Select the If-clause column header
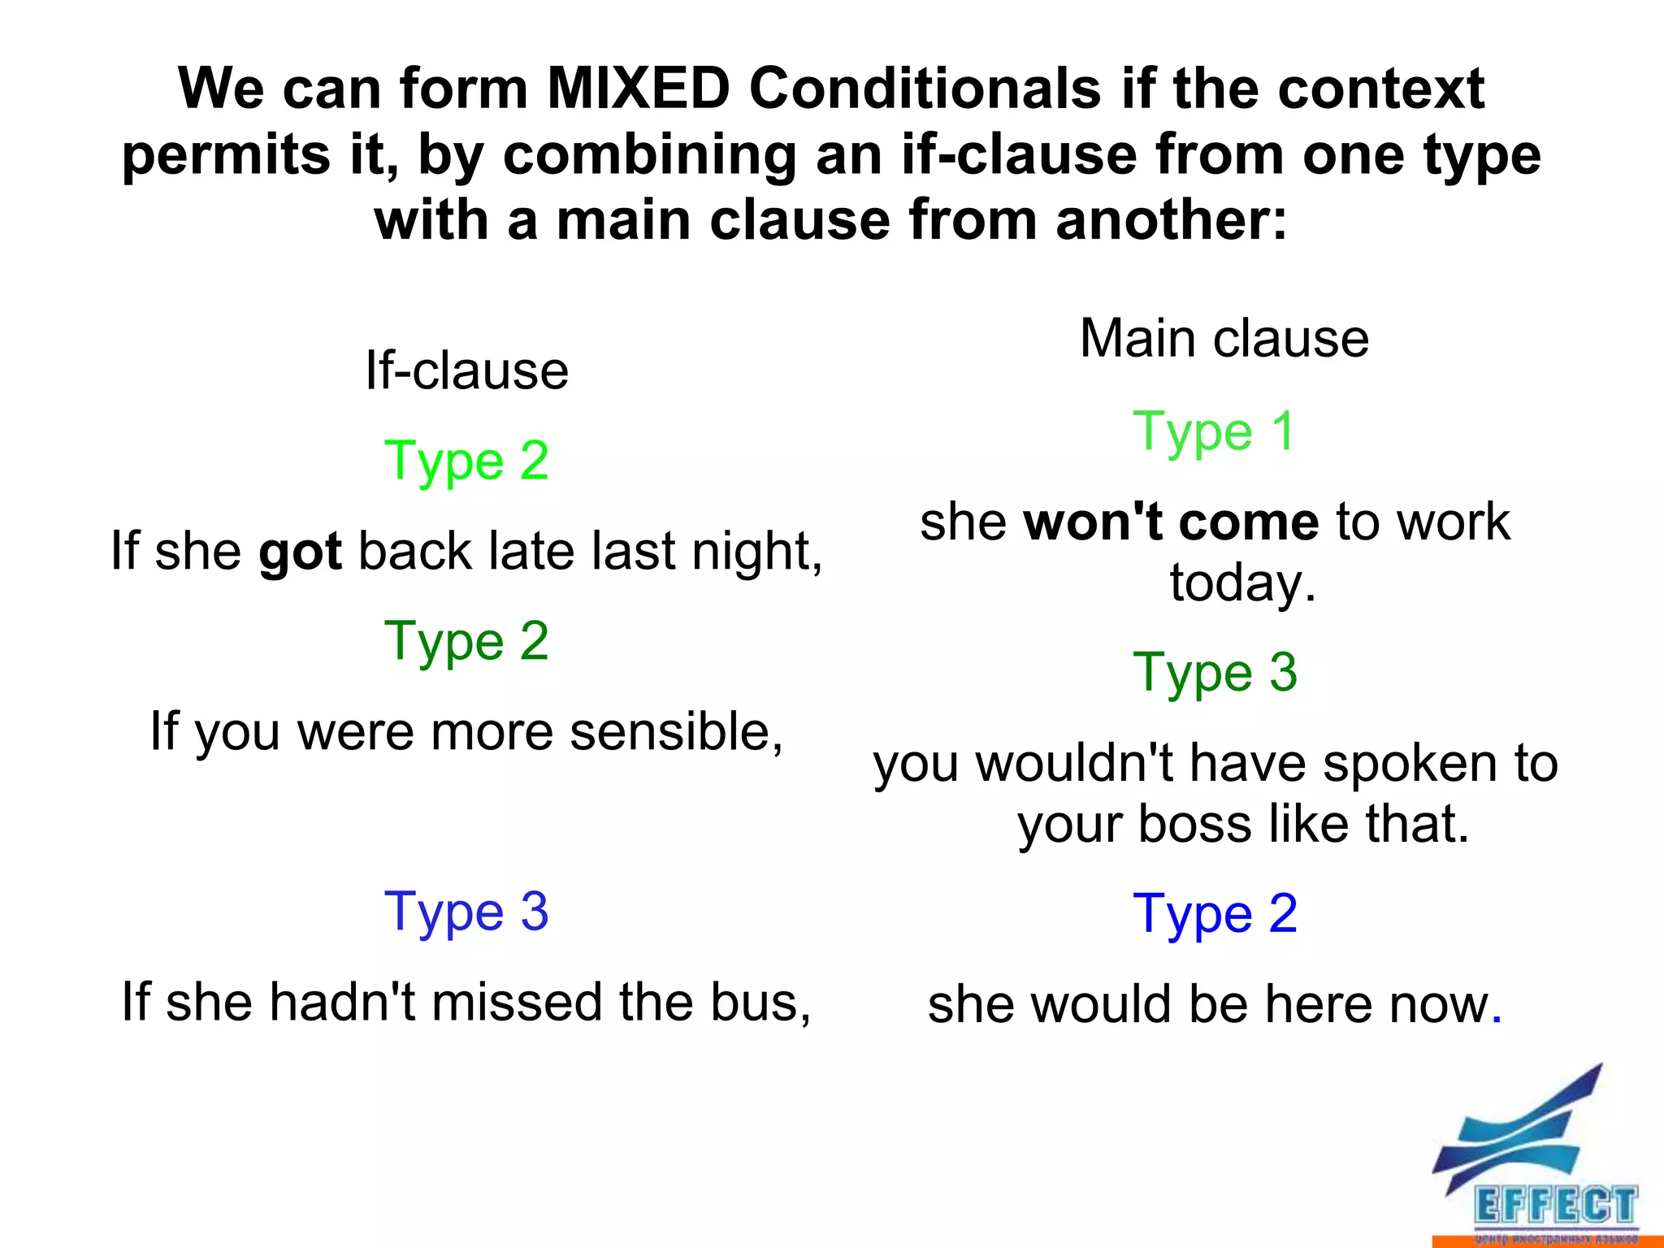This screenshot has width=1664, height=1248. (x=466, y=370)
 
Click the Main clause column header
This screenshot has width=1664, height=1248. (x=1224, y=338)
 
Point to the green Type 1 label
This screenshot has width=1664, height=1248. (x=1214, y=431)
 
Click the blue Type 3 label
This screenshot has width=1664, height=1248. (x=466, y=912)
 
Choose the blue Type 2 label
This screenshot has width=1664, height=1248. (x=1215, y=914)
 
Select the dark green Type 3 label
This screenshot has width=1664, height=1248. (x=1215, y=673)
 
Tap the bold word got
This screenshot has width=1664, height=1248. (x=300, y=552)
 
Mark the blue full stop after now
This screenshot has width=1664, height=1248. (x=1497, y=1019)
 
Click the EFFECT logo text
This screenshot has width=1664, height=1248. (x=1555, y=1206)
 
